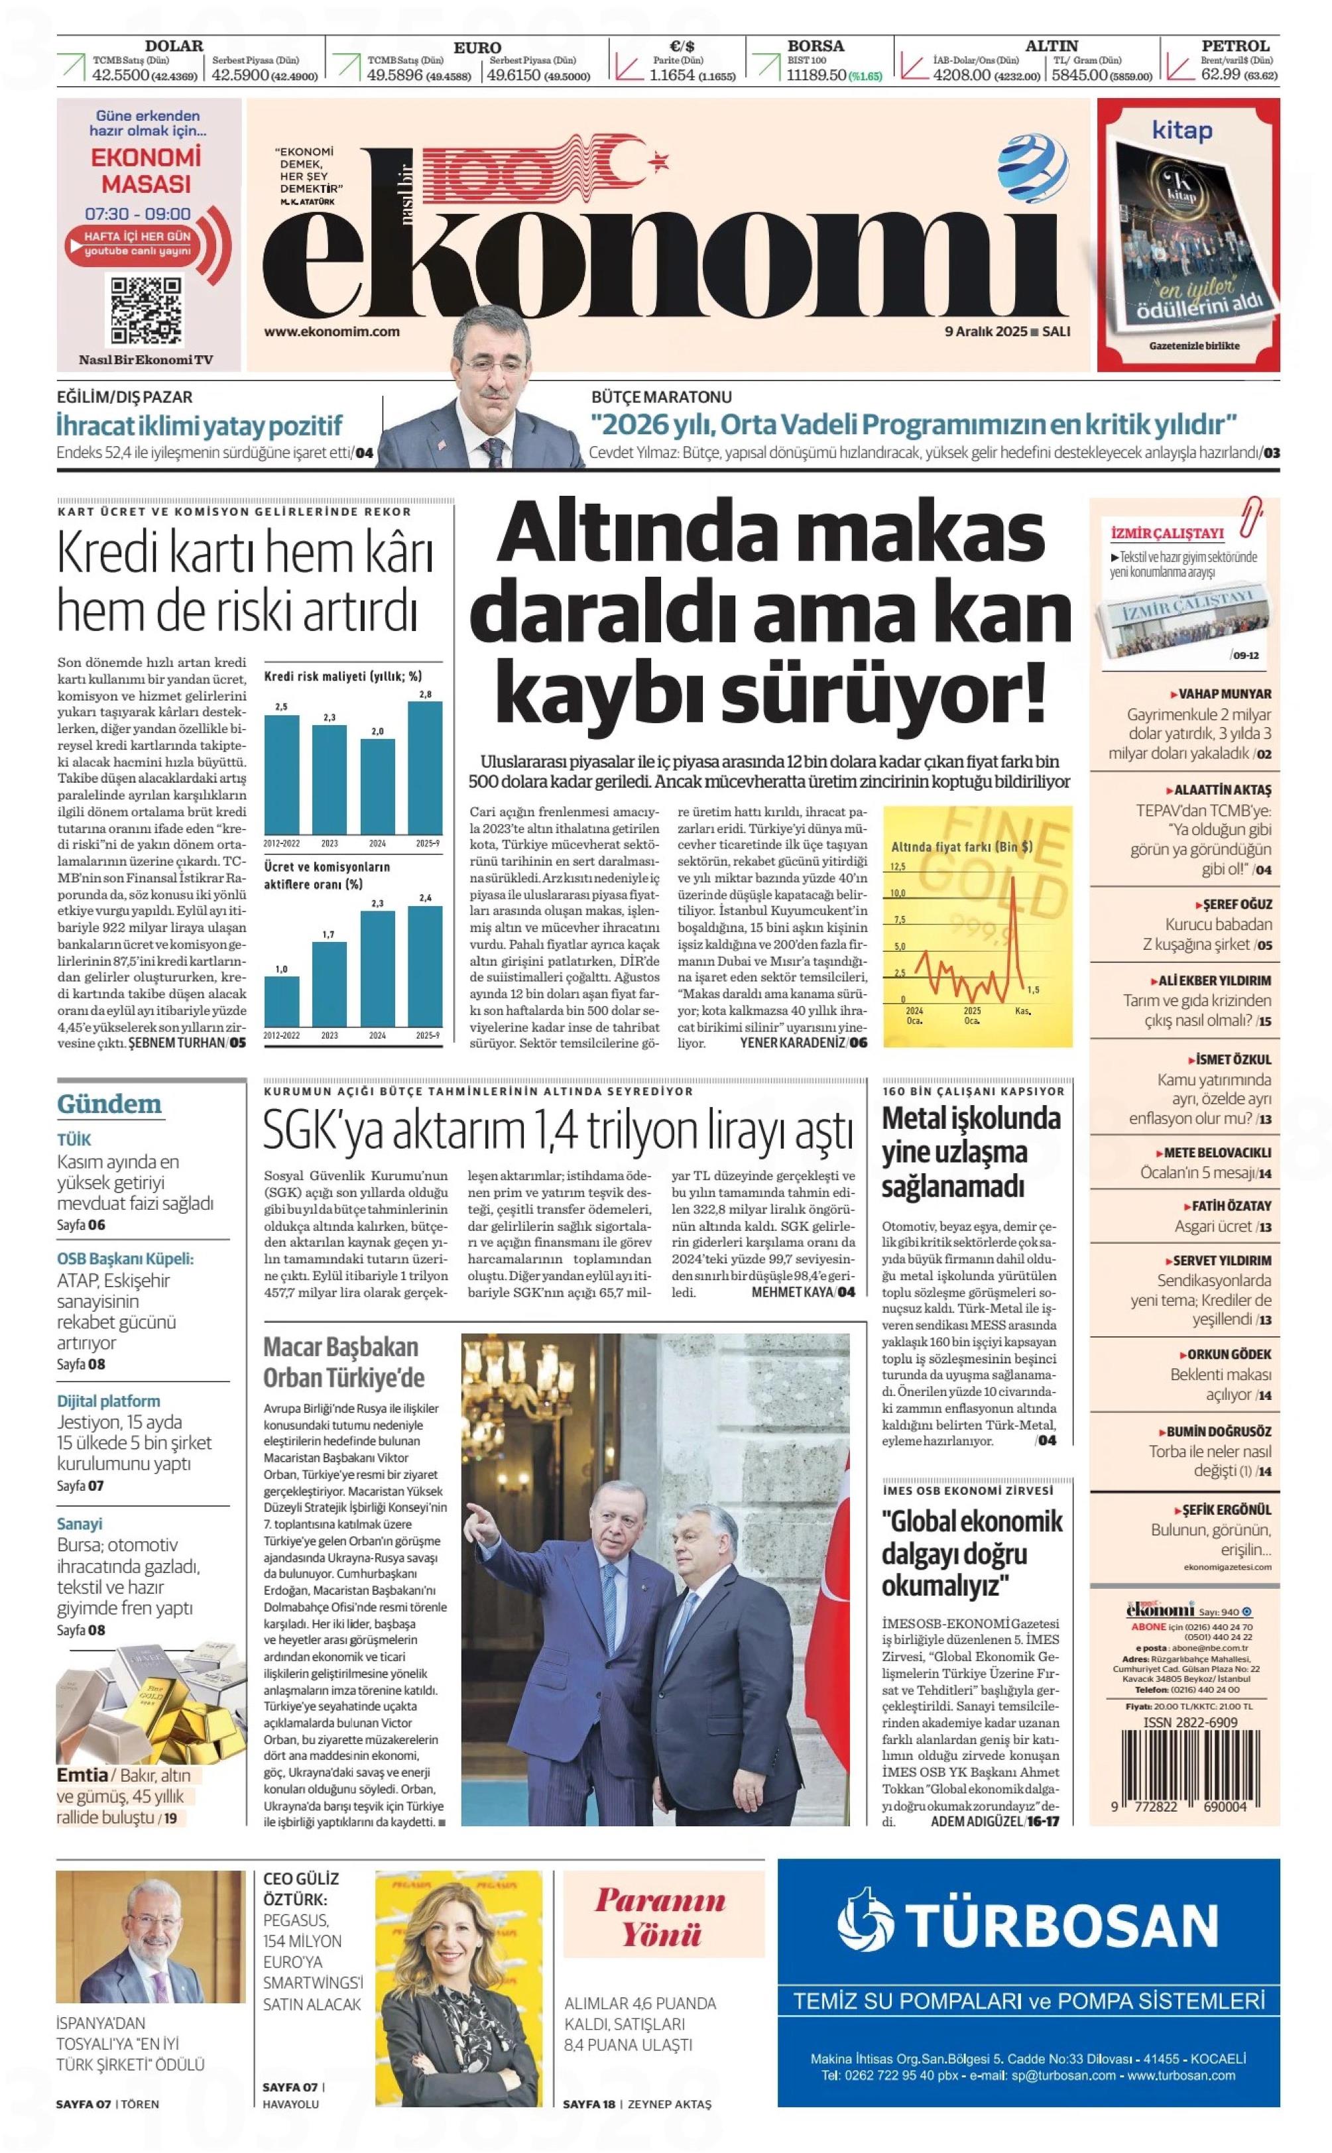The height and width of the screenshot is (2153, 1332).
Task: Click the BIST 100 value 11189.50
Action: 817,76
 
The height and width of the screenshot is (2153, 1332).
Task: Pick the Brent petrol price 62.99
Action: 1220,76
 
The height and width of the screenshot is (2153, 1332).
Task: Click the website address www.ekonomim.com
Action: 332,332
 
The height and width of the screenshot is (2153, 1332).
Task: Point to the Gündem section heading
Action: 109,1104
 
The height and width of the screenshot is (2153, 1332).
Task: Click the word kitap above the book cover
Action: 1182,131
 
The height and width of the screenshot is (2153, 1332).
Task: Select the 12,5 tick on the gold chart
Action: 898,867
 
